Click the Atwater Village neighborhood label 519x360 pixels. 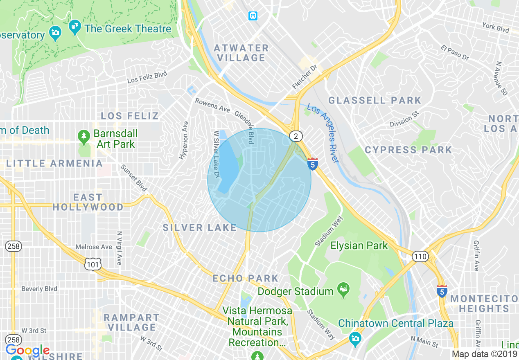click(x=241, y=53)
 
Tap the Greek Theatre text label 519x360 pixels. click(x=128, y=29)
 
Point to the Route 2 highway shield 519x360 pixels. click(x=295, y=137)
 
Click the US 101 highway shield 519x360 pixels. click(x=92, y=265)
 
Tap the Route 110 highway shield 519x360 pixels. click(x=420, y=257)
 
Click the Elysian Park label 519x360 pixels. click(x=359, y=245)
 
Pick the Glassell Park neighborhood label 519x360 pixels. click(x=375, y=100)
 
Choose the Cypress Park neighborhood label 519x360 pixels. click(x=408, y=150)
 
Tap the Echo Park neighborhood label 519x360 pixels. click(x=245, y=278)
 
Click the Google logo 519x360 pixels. click(x=27, y=351)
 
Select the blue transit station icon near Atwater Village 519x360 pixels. click(x=253, y=16)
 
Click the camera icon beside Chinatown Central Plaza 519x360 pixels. click(x=355, y=338)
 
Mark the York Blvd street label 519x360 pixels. click(x=495, y=28)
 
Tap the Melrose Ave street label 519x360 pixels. click(x=94, y=247)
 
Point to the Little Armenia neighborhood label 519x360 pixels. click(x=54, y=164)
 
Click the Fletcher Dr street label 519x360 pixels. click(x=305, y=77)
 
